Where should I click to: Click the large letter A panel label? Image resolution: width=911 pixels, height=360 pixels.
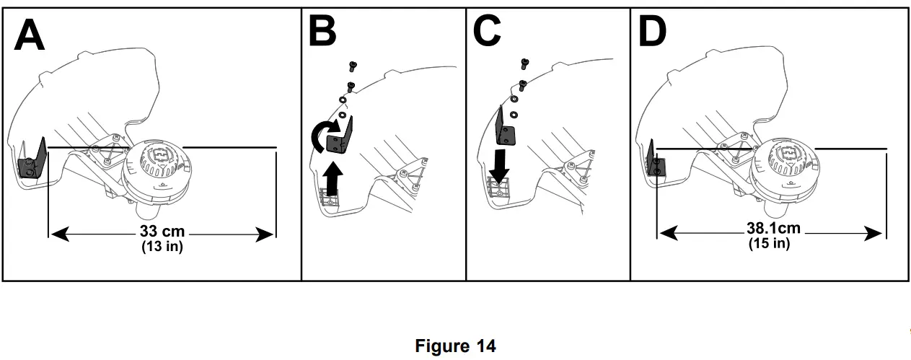(30, 35)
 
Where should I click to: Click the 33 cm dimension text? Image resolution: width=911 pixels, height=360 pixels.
(162, 233)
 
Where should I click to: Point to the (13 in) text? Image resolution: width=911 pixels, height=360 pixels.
(162, 247)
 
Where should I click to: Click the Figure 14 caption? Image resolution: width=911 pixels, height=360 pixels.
(455, 346)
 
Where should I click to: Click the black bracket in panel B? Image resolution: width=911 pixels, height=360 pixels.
(340, 137)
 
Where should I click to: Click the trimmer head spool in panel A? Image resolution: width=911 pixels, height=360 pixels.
(161, 170)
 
